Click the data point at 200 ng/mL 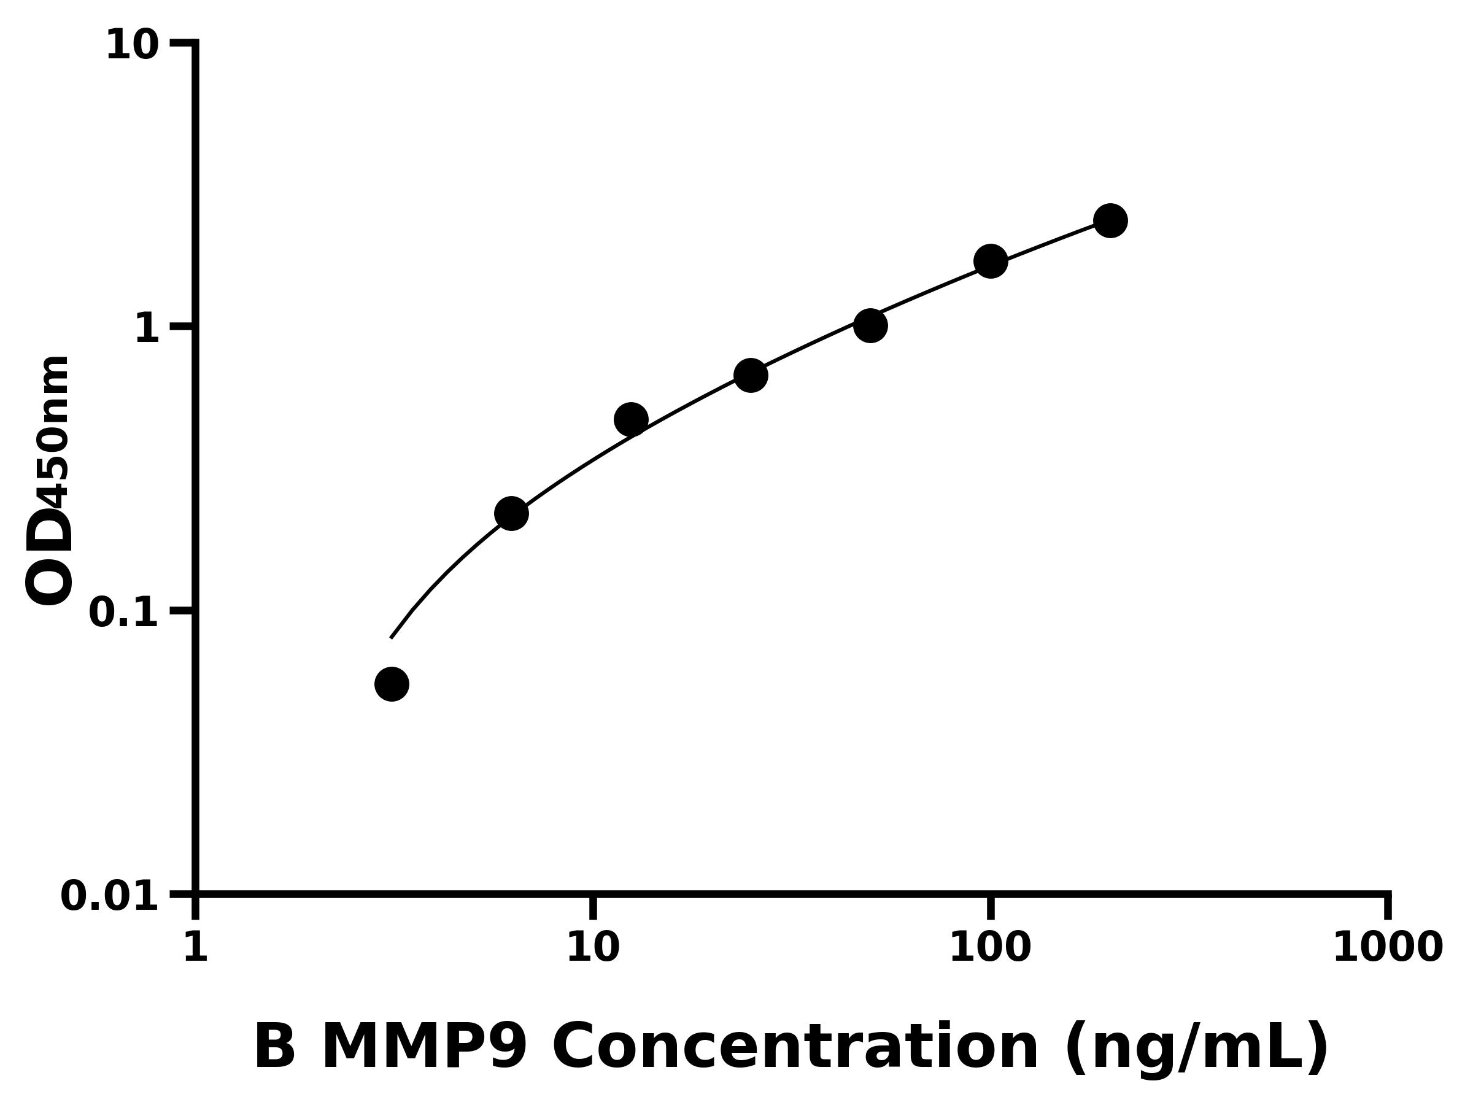pos(1110,220)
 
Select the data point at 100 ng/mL pos(990,261)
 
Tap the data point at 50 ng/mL pos(870,326)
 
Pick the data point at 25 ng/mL pos(751,376)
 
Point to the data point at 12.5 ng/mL pos(630,420)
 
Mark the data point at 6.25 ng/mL pos(511,514)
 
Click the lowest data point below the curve pos(392,684)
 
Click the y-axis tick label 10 pos(133,47)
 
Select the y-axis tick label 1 pos(147,330)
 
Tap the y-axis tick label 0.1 pos(124,613)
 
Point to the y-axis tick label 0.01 pos(110,896)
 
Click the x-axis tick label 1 pos(195,947)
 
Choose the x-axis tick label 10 pos(593,947)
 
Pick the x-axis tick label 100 pos(989,947)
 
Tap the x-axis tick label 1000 pos(1387,947)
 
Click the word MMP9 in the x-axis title pos(424,1048)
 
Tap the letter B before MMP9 pos(274,1048)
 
